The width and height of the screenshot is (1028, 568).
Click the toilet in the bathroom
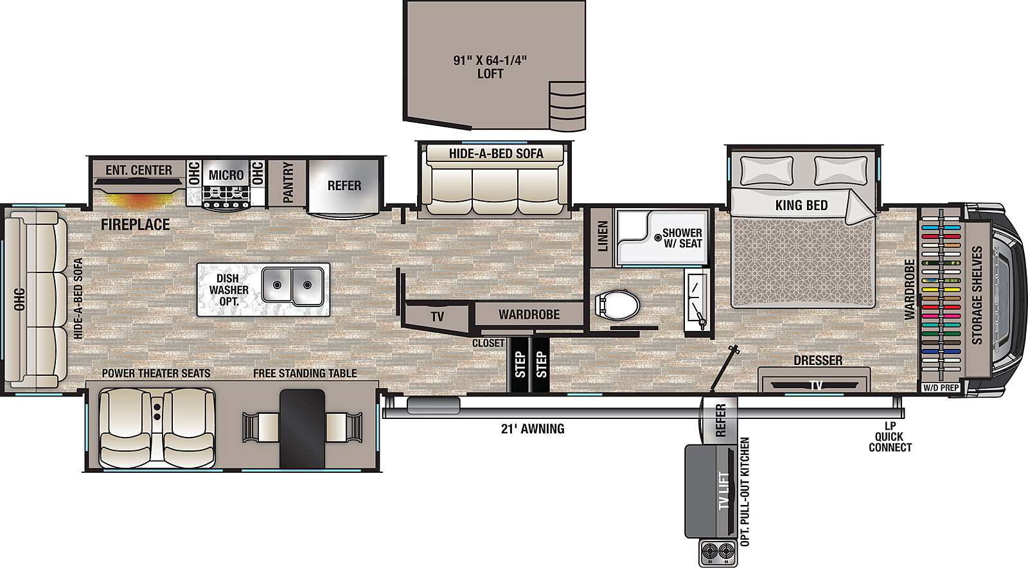coord(617,305)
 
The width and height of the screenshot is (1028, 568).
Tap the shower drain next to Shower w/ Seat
coord(658,238)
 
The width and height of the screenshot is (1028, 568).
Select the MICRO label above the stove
coord(226,175)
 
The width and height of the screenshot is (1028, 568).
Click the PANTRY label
coord(288,182)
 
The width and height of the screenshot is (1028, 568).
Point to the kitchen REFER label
coord(344,185)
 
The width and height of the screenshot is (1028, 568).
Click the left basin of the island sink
coord(277,285)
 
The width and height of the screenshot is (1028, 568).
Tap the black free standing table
coord(303,429)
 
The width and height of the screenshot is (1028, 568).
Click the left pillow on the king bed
coord(767,171)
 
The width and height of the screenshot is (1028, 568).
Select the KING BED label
coord(801,205)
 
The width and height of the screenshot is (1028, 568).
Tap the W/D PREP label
coord(941,387)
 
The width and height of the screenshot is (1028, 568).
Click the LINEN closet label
coord(603,236)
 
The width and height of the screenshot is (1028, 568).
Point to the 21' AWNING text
coord(533,429)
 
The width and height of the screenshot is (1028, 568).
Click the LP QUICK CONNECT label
coord(890,437)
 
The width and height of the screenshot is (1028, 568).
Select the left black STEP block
coord(519,364)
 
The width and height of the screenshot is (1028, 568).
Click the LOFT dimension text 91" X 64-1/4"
coord(490,60)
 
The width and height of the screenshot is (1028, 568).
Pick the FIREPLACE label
coord(136,224)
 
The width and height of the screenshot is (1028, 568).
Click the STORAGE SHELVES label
coord(977,296)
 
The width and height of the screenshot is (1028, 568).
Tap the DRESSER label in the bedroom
coord(818,360)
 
